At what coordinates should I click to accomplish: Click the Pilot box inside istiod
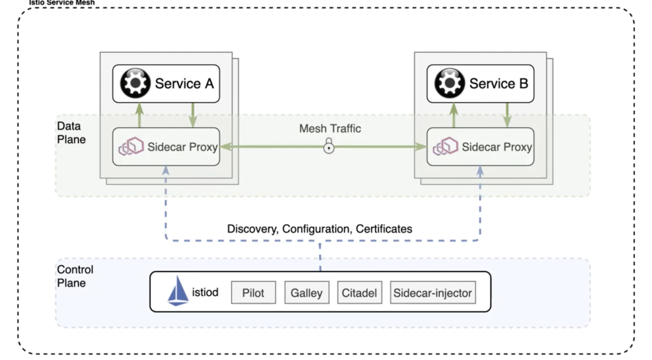coord(253,293)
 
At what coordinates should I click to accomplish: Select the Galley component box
coord(306,293)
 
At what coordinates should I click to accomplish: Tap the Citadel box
coord(359,293)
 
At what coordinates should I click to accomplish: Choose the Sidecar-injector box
coord(432,293)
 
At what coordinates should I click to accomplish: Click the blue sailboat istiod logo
coord(178,292)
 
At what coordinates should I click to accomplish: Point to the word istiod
coord(205,293)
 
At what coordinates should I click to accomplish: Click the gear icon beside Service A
coord(134,83)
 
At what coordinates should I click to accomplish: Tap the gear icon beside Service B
coord(449,83)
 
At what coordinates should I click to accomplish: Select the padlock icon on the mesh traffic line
coord(329,148)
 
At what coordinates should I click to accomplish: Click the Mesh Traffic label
coord(330,129)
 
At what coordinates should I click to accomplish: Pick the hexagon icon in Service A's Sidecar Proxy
coord(131,147)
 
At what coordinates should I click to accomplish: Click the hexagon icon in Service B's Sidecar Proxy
coord(445,147)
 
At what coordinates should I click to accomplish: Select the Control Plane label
coord(75,276)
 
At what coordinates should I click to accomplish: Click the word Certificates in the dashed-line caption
coord(383,228)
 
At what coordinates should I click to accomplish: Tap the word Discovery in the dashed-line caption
coord(252,228)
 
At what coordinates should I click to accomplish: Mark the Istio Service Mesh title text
coord(61,3)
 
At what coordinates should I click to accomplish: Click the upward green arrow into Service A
coord(138,115)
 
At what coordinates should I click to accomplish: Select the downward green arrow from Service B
coord(507,115)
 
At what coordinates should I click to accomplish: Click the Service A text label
coord(184,83)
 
